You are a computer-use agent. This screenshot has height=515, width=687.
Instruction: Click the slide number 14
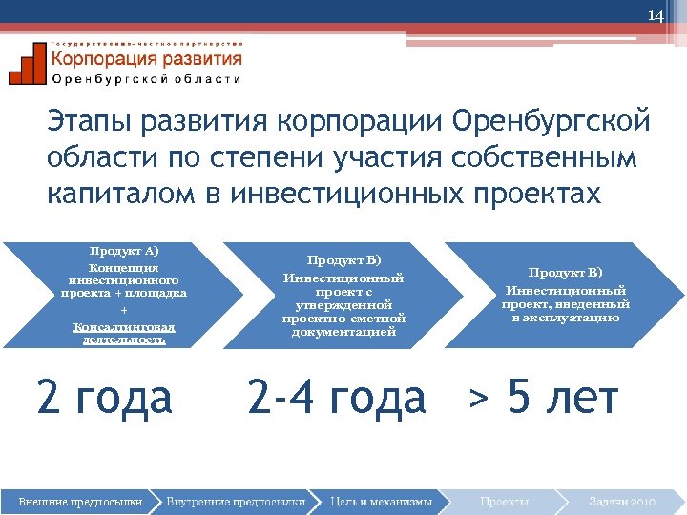(655, 16)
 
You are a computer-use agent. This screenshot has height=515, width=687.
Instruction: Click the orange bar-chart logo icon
(27, 65)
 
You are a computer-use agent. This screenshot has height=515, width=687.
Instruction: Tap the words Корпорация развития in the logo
(146, 59)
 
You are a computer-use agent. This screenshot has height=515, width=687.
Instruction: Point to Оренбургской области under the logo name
(146, 79)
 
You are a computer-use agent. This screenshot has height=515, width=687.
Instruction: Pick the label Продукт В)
(566, 273)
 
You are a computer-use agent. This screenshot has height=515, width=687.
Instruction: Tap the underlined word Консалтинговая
(120, 326)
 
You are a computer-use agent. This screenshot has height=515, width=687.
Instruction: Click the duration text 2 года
(104, 397)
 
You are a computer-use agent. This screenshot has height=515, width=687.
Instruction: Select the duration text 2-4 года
(336, 397)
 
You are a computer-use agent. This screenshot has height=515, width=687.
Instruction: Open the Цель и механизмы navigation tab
(381, 501)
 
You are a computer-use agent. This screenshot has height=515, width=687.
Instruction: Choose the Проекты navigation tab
(505, 501)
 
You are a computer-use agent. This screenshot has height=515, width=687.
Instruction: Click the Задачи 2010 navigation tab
(622, 501)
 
